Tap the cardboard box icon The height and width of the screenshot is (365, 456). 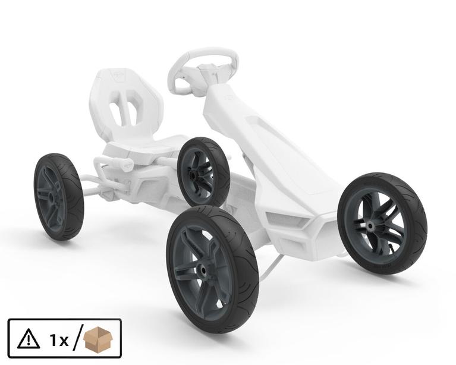tap(98, 338)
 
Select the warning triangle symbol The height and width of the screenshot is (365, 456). tap(28, 339)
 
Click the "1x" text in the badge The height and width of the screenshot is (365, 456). tap(59, 340)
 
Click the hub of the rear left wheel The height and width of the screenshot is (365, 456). tap(52, 197)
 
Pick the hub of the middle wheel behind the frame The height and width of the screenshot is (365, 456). tap(193, 175)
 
